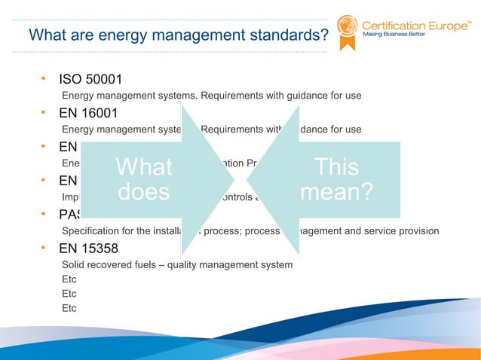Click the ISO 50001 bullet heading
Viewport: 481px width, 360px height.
[x=90, y=80]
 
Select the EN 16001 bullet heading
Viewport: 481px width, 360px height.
[x=88, y=114]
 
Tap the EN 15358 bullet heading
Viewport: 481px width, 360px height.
[x=88, y=248]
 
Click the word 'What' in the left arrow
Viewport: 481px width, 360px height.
[x=145, y=167]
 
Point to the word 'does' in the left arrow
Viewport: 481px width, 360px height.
[x=145, y=193]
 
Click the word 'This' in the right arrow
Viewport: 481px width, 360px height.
[x=336, y=167]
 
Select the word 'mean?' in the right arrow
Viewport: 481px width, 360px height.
[x=336, y=193]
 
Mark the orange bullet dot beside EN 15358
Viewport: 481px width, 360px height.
[x=44, y=247]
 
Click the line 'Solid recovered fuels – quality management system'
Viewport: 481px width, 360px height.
[x=177, y=264]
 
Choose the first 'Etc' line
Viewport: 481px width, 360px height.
[x=69, y=279]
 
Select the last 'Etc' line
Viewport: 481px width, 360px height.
[x=69, y=307]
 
